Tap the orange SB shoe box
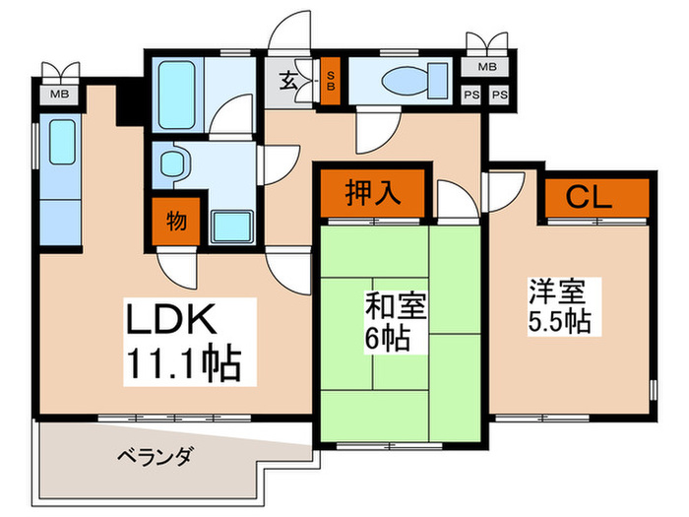pos(332,80)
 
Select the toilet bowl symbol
pos(405,80)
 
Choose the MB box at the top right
pos(486,68)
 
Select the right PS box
pos(500,95)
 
